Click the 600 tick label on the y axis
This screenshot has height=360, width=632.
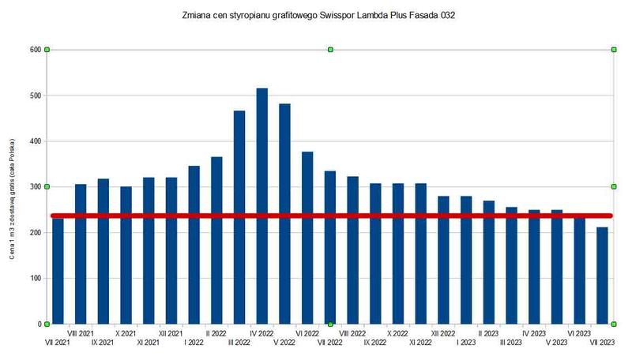pyautogui.click(x=35, y=50)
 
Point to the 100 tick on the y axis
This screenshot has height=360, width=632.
pyautogui.click(x=35, y=278)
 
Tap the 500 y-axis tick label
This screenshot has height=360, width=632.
pyautogui.click(x=35, y=96)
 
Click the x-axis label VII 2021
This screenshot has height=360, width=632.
pyautogui.click(x=58, y=343)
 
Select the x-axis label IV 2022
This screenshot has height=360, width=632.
pyautogui.click(x=262, y=333)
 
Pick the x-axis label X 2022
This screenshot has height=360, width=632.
pyautogui.click(x=398, y=333)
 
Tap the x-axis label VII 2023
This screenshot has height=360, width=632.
pyautogui.click(x=602, y=343)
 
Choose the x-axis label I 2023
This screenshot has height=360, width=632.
pyautogui.click(x=466, y=343)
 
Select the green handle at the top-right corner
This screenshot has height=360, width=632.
pyautogui.click(x=614, y=50)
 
